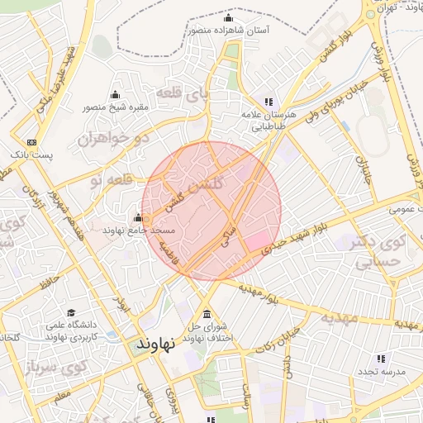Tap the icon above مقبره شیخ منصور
[x=115, y=94]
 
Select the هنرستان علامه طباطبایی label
[x=264, y=122]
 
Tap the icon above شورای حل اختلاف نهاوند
[x=206, y=315]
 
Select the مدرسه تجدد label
[x=380, y=373]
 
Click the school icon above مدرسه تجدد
[x=381, y=359]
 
